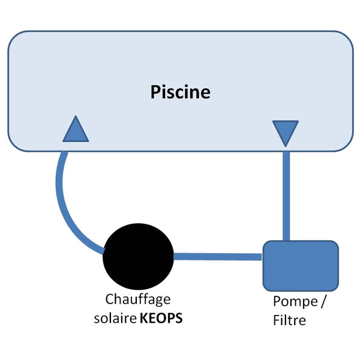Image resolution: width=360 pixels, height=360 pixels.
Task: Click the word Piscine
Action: [x=180, y=92]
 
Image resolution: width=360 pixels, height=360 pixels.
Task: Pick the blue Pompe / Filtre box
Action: [x=301, y=265]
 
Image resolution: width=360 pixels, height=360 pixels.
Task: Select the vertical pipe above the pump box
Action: [x=286, y=192]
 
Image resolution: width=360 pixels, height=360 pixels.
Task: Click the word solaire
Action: [x=115, y=318]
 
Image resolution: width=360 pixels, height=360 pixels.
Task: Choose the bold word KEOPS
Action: [x=161, y=318]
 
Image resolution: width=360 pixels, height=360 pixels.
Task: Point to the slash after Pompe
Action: [x=323, y=301]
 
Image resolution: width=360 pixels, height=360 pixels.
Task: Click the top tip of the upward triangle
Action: [x=76, y=118]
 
